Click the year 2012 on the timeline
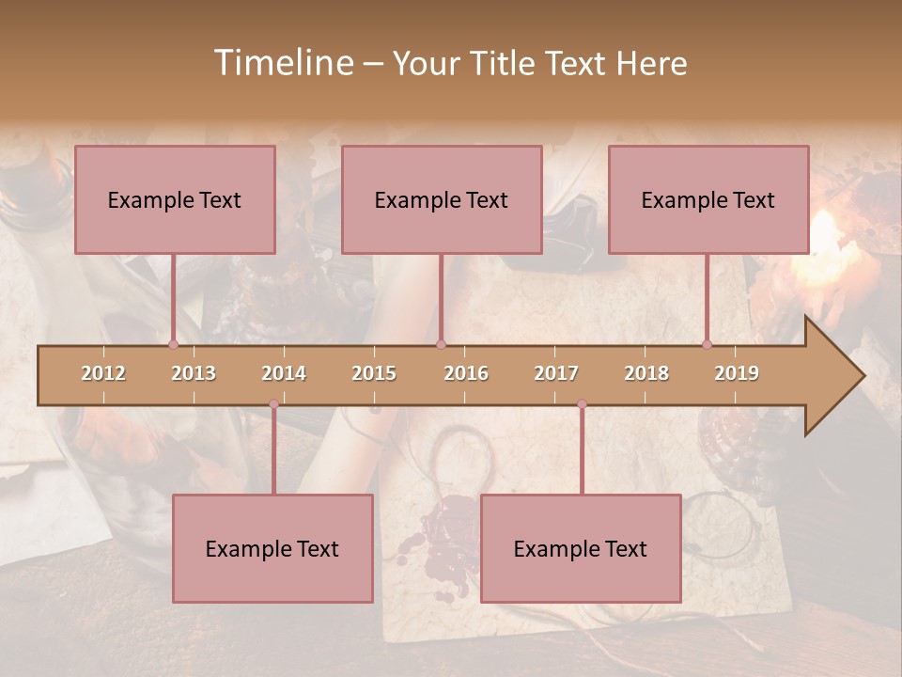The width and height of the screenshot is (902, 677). (103, 373)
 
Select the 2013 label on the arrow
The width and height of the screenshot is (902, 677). (194, 373)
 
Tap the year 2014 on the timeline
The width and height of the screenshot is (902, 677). (284, 373)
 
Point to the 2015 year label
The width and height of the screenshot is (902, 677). (374, 373)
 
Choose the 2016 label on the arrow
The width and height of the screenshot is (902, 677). (466, 373)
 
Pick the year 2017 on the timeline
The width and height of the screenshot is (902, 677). (556, 373)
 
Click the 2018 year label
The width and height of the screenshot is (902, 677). (646, 373)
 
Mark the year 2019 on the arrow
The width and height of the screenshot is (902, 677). (737, 373)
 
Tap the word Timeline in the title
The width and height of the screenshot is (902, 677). (282, 63)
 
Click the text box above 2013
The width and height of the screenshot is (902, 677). (175, 199)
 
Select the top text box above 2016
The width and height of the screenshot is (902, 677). (442, 199)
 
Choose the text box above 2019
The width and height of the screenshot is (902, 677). (708, 199)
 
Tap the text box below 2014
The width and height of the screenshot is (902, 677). (272, 548)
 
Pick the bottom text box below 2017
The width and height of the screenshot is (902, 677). (581, 548)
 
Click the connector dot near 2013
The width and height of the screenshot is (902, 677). (173, 344)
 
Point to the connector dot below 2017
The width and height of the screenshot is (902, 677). (582, 404)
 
